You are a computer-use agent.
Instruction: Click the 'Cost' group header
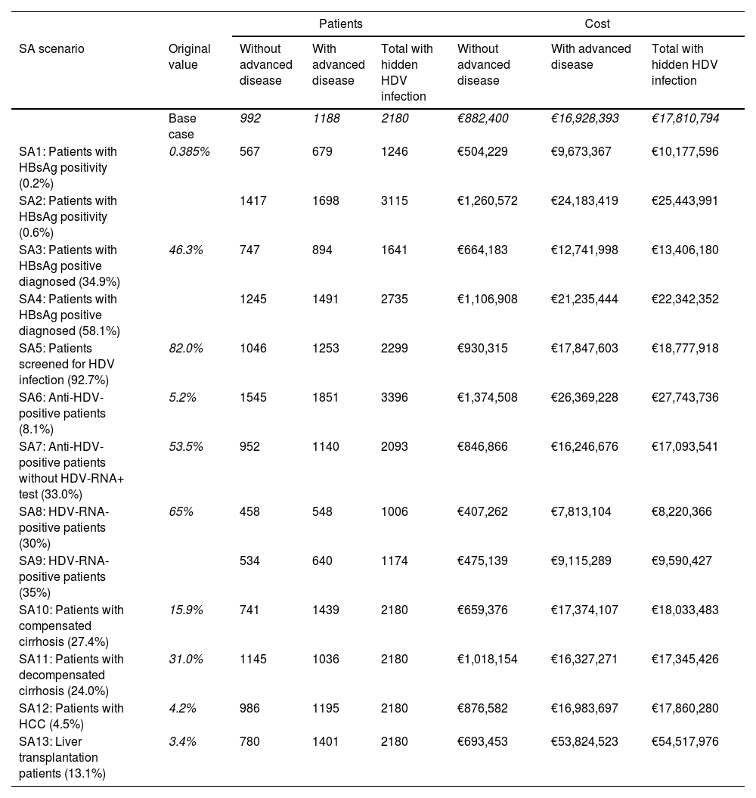pyautogui.click(x=598, y=23)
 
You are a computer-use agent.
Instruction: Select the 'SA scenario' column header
pyautogui.click(x=51, y=48)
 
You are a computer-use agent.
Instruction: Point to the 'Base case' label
pyautogui.click(x=182, y=126)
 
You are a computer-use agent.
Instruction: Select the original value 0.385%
pyautogui.click(x=189, y=151)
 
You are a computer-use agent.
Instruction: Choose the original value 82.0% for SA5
pyautogui.click(x=185, y=348)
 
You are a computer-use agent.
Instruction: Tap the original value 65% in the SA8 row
pyautogui.click(x=181, y=511)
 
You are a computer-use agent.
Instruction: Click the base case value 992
pyautogui.click(x=249, y=118)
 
